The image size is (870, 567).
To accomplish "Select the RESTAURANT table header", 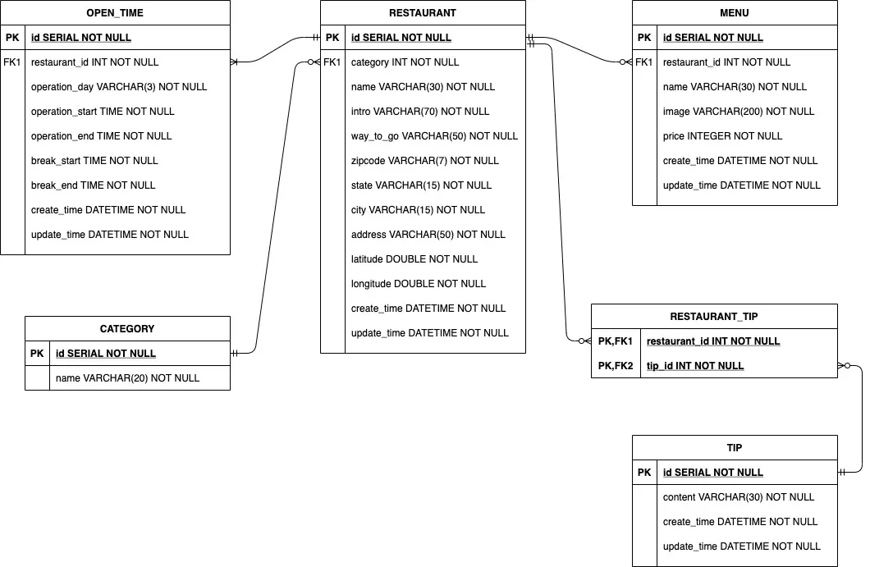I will [x=423, y=13].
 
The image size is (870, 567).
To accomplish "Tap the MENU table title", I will [x=734, y=13].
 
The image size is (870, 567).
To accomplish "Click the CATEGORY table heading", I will [x=127, y=329].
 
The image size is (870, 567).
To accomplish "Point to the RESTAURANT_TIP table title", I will [x=713, y=317].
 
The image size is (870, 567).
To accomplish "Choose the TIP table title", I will [x=734, y=448].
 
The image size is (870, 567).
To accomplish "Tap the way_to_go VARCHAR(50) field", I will [x=434, y=136].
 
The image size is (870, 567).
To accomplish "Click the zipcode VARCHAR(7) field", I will [x=424, y=161].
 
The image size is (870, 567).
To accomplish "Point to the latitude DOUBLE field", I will [x=414, y=259].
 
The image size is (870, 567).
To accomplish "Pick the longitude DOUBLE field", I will [x=418, y=284].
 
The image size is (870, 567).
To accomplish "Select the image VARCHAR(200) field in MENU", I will [x=739, y=112].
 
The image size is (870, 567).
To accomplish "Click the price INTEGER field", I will [x=722, y=136].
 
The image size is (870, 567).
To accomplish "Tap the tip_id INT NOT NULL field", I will [x=695, y=366].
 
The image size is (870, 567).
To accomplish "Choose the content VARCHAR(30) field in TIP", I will [x=738, y=497].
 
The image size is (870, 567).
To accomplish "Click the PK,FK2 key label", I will [x=616, y=366].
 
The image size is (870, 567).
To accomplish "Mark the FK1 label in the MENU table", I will [x=644, y=62].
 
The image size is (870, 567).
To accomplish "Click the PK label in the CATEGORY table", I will [x=37, y=354].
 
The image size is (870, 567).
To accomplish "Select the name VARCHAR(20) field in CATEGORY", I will [x=127, y=378].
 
